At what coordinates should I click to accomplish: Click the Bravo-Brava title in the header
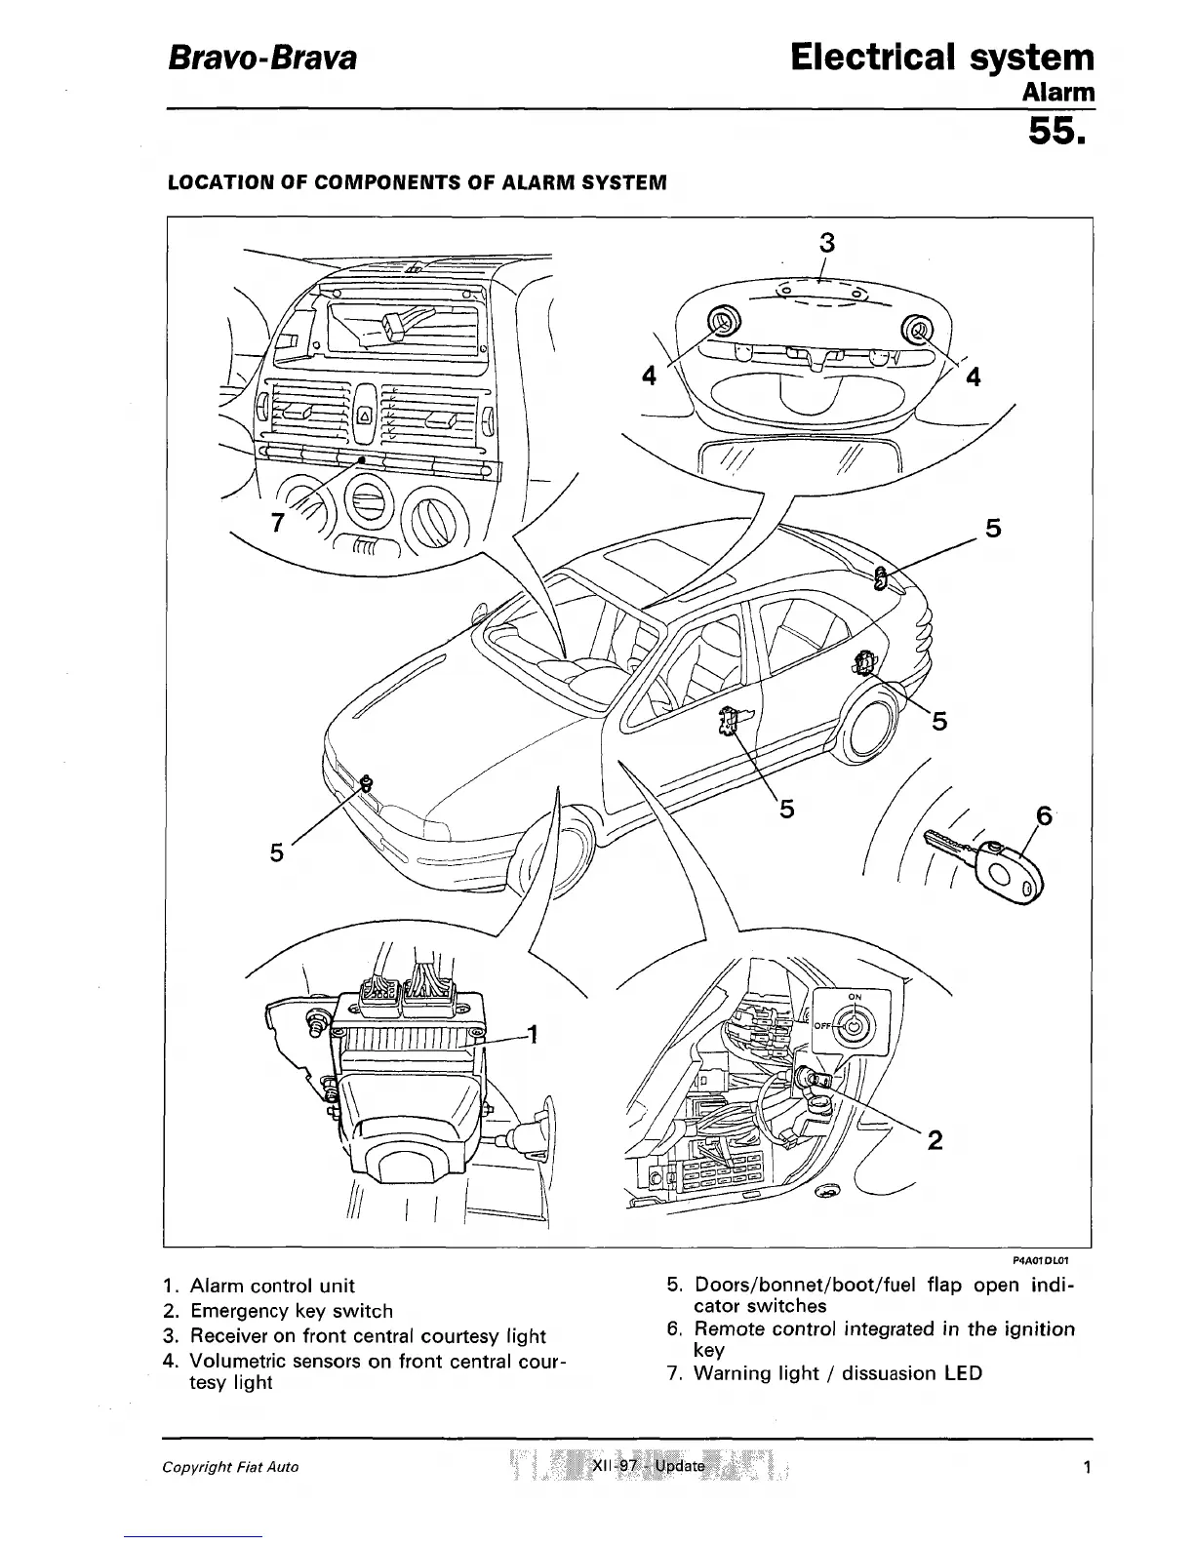262,59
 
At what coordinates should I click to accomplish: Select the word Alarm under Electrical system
1057,92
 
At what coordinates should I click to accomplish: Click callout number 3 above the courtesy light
827,241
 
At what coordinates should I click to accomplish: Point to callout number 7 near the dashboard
278,522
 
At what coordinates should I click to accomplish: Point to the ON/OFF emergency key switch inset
852,1026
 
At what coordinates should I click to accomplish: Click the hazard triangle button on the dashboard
365,415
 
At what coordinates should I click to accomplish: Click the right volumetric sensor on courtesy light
918,329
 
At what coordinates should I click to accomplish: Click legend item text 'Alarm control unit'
272,1286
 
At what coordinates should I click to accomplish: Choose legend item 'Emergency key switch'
291,1311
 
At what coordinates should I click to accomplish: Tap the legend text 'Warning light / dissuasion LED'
837,1373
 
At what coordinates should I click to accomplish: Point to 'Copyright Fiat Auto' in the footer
230,1467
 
